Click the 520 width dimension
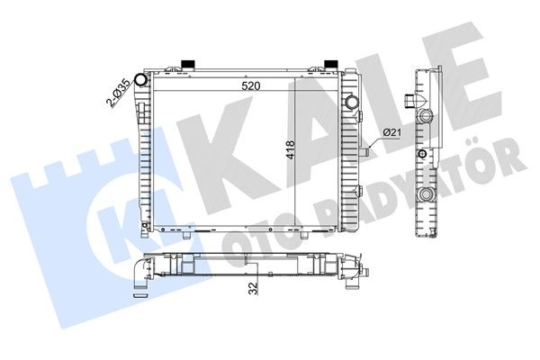251,87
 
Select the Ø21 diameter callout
392,133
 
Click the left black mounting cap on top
189,64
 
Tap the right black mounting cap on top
330,64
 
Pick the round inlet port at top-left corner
140,78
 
